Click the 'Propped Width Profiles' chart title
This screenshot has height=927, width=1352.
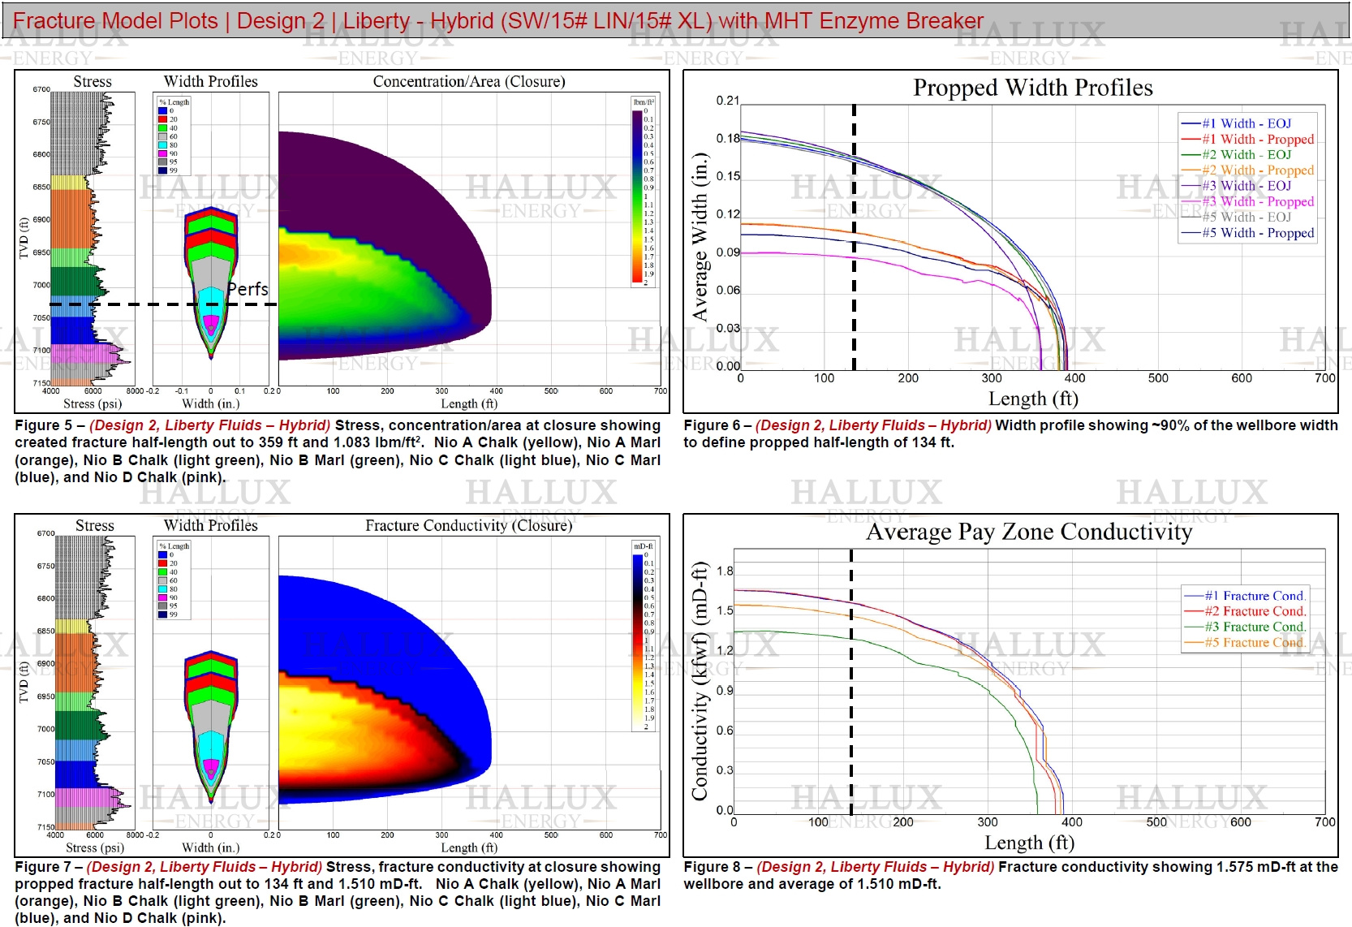(x=1032, y=88)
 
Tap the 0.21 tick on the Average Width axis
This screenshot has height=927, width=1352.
(x=728, y=101)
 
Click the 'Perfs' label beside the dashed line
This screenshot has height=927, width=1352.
(x=248, y=289)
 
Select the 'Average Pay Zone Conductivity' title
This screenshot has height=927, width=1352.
(x=1029, y=532)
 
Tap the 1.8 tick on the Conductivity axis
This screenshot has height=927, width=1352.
(x=725, y=571)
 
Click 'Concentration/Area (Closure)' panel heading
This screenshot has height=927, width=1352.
(x=469, y=81)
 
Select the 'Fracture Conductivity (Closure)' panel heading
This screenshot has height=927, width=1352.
(x=468, y=525)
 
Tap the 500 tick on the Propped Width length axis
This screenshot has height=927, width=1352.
(x=1158, y=378)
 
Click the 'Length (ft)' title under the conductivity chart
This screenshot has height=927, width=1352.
(x=1029, y=843)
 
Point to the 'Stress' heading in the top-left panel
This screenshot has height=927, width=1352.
(x=93, y=81)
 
